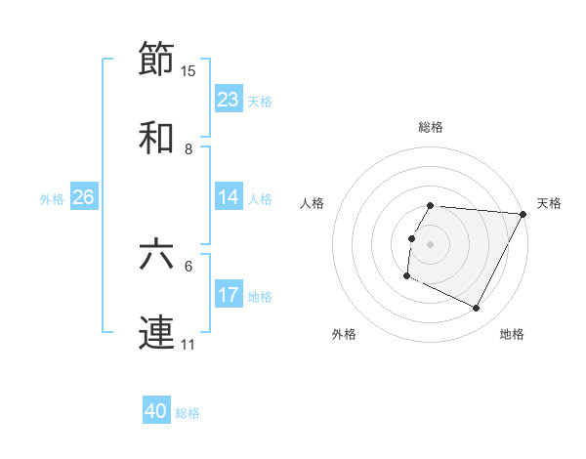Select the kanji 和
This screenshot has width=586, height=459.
point(157,138)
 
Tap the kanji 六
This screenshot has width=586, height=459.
point(157,255)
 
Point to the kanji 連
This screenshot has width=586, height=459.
point(157,333)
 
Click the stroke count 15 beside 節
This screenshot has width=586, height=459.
point(188,70)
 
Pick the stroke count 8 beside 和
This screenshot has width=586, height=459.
point(188,149)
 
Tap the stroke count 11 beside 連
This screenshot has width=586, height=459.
point(188,345)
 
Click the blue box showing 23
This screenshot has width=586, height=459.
point(229,100)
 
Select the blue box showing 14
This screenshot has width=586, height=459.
point(229,197)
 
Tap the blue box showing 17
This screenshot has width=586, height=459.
point(229,295)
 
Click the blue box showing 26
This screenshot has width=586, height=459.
point(83,197)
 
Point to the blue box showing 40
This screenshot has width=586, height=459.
point(156,411)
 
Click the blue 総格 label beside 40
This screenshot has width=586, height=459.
point(188,413)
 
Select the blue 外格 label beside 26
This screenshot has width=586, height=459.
point(52,199)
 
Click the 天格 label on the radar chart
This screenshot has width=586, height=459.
point(549,203)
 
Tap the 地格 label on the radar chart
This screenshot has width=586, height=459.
point(512,334)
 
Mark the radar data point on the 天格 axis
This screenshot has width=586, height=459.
point(523,214)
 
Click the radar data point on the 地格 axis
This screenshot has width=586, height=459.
point(477,309)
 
